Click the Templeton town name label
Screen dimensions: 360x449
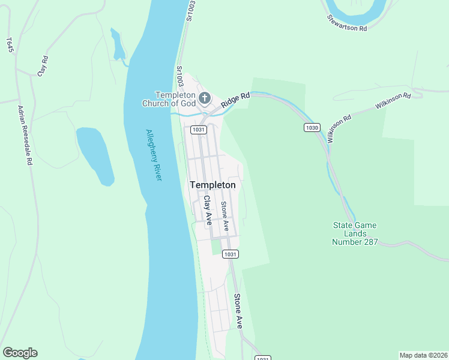tap(212, 185)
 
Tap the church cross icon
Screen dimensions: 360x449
tap(204, 98)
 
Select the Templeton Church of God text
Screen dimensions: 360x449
tap(168, 99)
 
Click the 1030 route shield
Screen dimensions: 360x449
tap(312, 127)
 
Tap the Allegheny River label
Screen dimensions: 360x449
tap(154, 155)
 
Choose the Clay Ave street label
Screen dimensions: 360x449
tap(208, 211)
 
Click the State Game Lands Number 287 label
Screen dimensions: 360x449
tap(355, 233)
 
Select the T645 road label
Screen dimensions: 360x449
tap(10, 46)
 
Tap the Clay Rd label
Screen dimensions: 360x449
tap(42, 65)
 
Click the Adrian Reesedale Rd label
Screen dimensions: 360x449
tap(25, 135)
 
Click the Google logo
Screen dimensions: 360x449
tap(20, 353)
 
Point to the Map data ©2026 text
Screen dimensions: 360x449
tap(423, 355)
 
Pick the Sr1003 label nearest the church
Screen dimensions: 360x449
tap(179, 76)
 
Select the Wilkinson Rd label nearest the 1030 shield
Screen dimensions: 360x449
tap(339, 128)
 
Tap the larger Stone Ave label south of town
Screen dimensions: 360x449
tap(238, 310)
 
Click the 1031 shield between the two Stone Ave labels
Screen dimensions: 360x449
tap(229, 254)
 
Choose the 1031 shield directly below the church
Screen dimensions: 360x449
tap(199, 130)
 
